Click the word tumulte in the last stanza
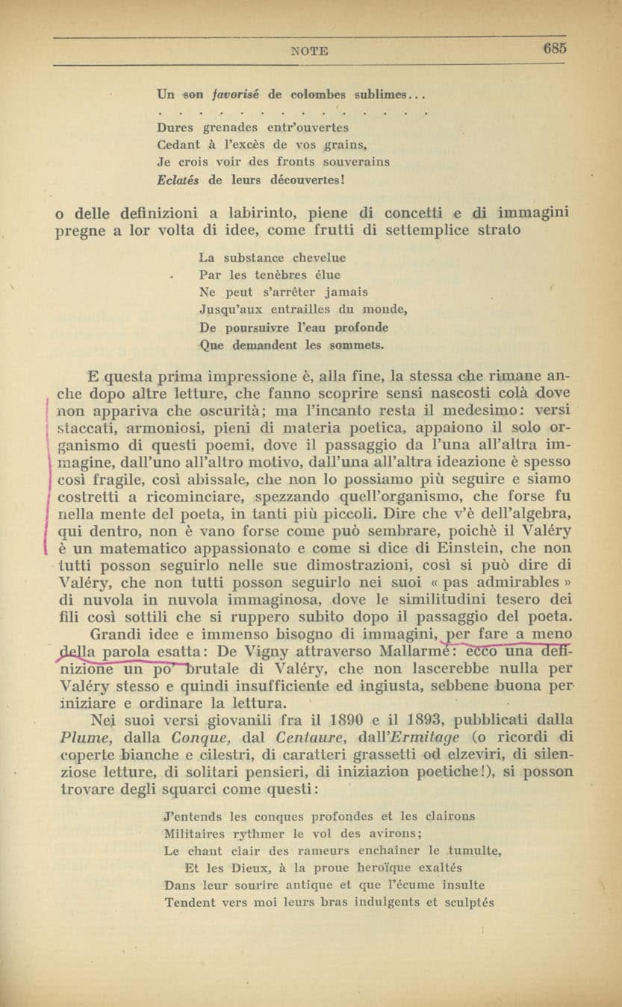tap(475, 850)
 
